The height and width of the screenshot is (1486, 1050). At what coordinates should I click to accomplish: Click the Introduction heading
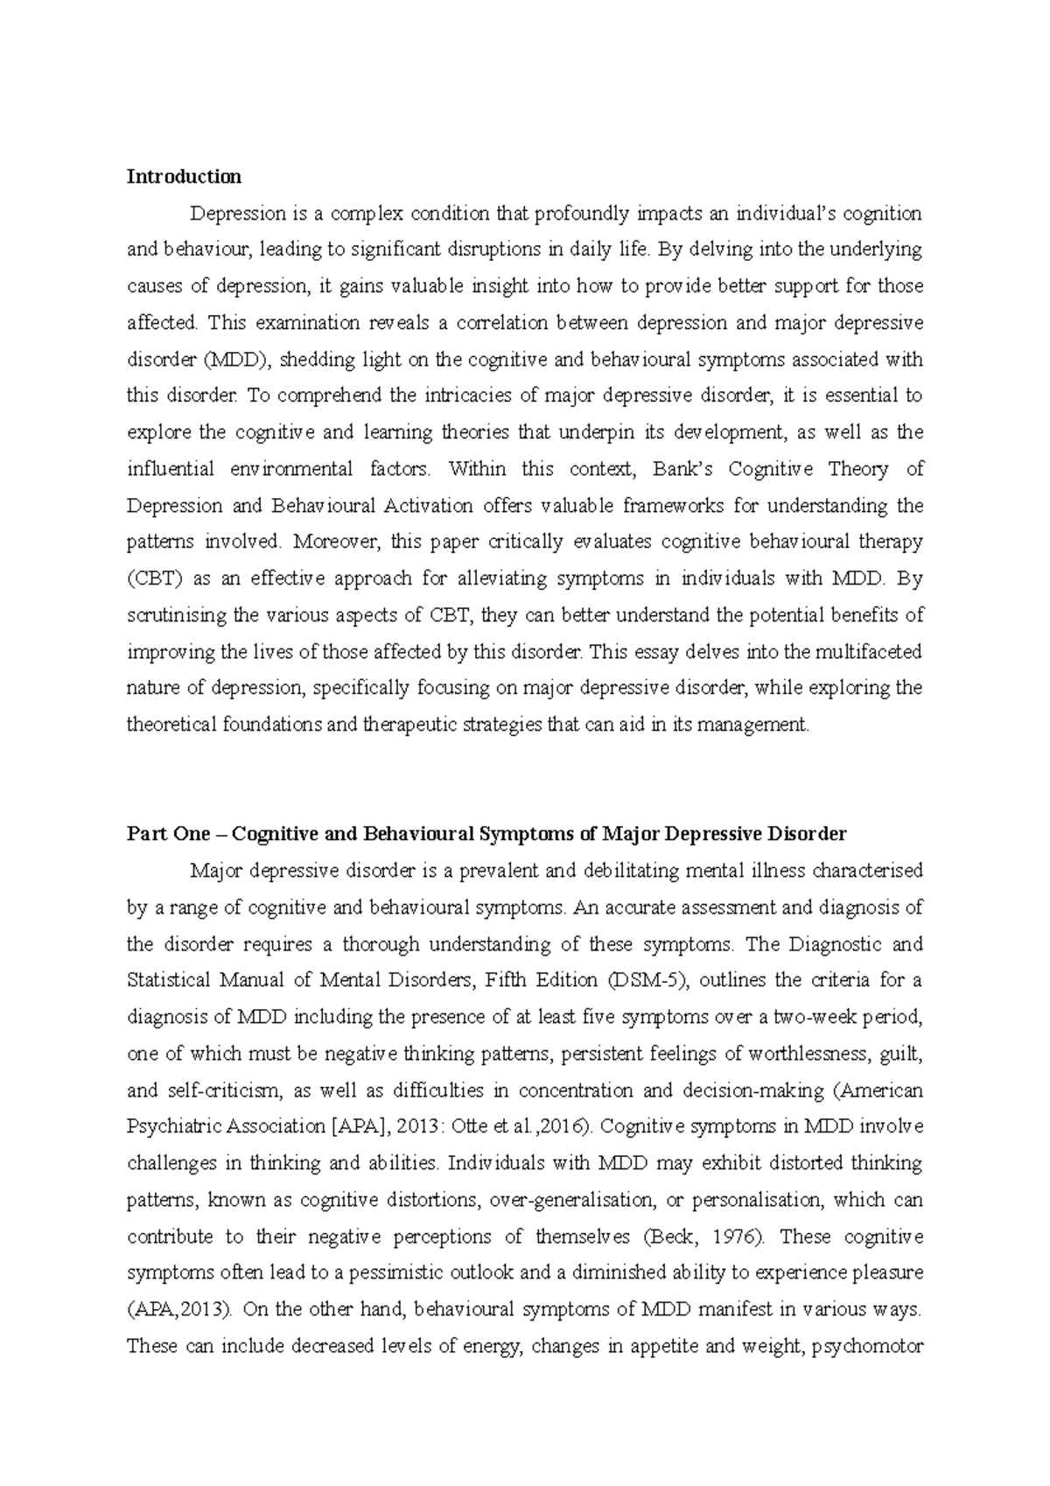click(184, 177)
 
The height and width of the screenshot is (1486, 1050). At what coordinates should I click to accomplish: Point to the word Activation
click(436, 506)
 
